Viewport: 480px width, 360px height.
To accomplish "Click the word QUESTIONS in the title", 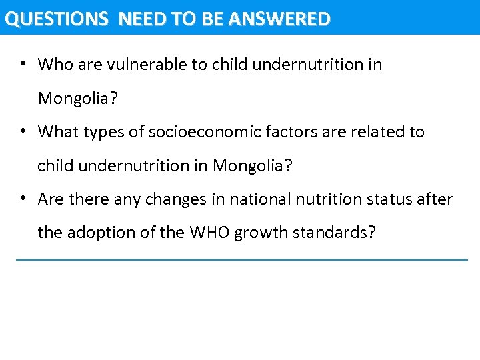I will (56, 19).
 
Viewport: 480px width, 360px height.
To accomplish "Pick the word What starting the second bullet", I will (57, 132).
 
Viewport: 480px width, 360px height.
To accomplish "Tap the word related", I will (372, 132).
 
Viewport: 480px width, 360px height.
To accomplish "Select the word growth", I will (261, 233).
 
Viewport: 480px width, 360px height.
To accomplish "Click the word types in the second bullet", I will (107, 132).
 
